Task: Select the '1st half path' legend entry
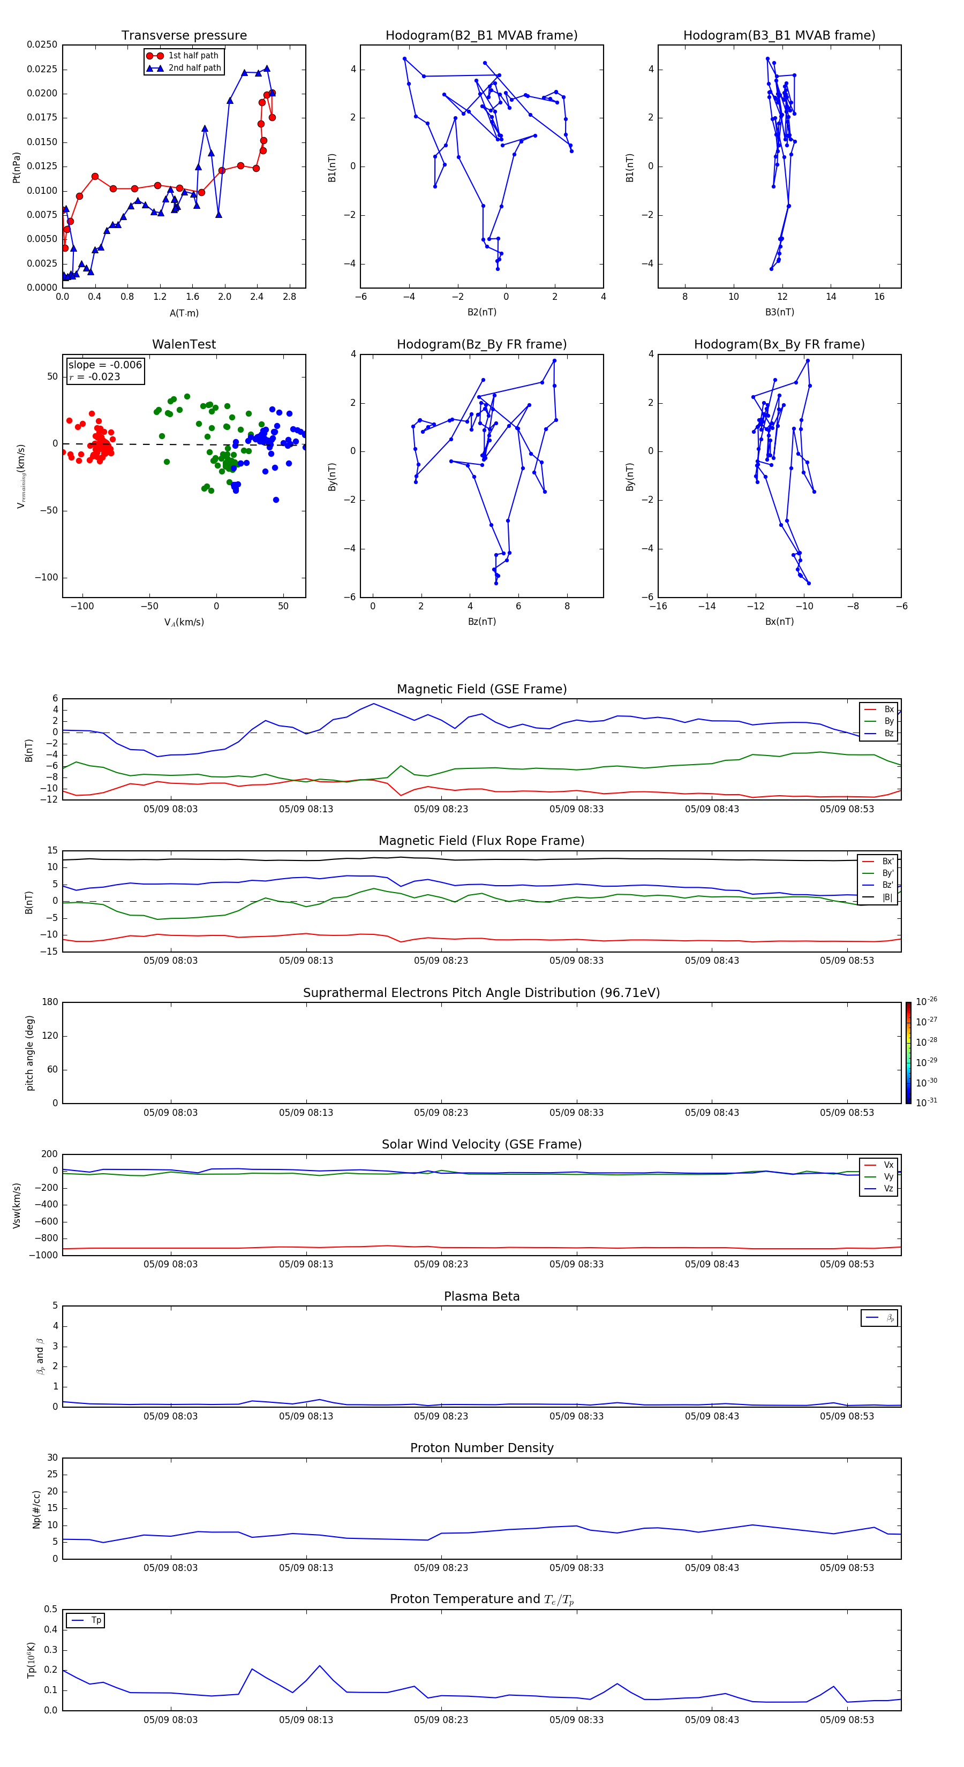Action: click(x=193, y=56)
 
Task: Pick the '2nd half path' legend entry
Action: click(x=194, y=68)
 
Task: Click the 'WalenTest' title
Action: click(x=184, y=344)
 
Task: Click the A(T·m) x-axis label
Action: click(x=184, y=313)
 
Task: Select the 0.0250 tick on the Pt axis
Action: click(x=42, y=44)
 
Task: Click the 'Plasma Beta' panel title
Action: click(x=481, y=1296)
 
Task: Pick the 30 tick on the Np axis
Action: click(x=52, y=1458)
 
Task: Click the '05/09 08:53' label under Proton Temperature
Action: click(x=847, y=1720)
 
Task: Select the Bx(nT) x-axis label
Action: click(x=779, y=622)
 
